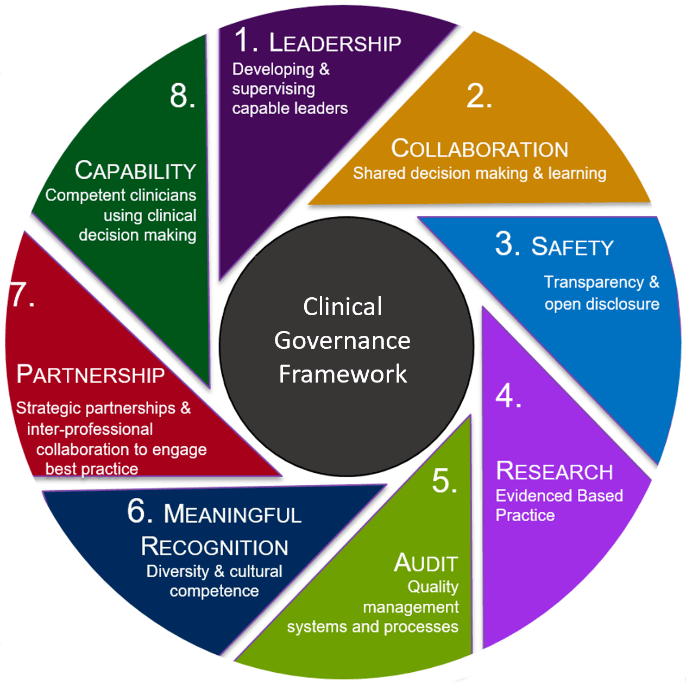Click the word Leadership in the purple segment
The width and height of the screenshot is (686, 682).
335,43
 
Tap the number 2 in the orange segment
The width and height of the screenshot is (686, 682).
479,96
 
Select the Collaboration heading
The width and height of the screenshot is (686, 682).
480,149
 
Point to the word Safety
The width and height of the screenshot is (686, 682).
572,247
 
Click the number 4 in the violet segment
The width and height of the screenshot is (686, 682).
508,396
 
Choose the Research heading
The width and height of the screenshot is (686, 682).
555,471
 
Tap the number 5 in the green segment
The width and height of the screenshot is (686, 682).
444,481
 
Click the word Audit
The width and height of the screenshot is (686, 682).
426,563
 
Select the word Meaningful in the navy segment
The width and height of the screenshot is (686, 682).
232,514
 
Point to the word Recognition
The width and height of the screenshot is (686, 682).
215,547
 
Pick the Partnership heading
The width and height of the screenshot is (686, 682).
91,374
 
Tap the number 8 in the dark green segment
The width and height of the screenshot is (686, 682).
182,96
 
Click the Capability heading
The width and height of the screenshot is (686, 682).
135,171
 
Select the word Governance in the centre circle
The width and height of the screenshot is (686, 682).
342,341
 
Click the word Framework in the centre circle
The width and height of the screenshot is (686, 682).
343,374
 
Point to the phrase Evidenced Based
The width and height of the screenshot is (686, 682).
559,496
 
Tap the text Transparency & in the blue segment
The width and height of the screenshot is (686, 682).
601,282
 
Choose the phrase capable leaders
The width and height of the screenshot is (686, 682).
289,108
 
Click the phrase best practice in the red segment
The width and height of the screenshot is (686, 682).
92,468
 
